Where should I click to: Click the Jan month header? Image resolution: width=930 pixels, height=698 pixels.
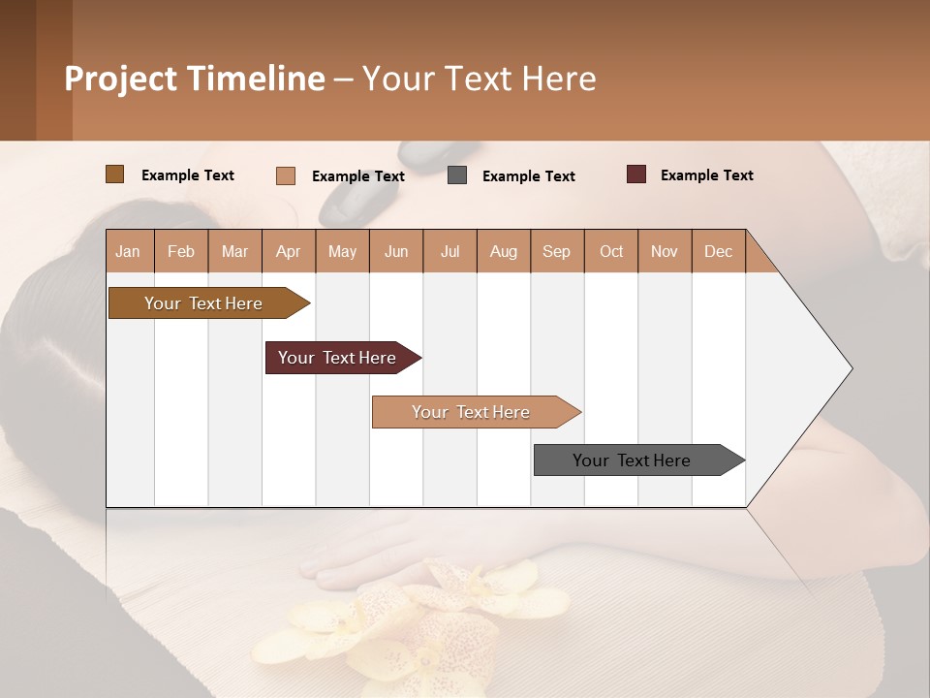(128, 251)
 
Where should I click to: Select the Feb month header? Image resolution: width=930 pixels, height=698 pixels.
(181, 251)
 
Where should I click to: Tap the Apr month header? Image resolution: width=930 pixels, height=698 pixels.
(288, 251)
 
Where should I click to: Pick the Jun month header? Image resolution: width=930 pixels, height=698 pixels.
(396, 251)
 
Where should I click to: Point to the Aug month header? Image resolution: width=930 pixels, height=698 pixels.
(503, 251)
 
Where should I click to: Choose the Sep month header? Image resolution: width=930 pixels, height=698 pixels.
(556, 251)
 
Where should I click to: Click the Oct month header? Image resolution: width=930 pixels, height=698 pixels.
(611, 251)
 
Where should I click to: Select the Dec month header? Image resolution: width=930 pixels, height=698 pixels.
(718, 251)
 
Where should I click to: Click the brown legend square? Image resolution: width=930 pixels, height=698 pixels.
(115, 174)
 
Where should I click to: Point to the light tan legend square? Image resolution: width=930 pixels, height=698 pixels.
(286, 175)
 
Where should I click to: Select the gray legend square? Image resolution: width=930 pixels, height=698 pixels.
(457, 175)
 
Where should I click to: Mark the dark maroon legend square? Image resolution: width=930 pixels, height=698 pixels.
(636, 174)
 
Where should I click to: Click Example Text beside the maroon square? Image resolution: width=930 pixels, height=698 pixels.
(706, 175)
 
